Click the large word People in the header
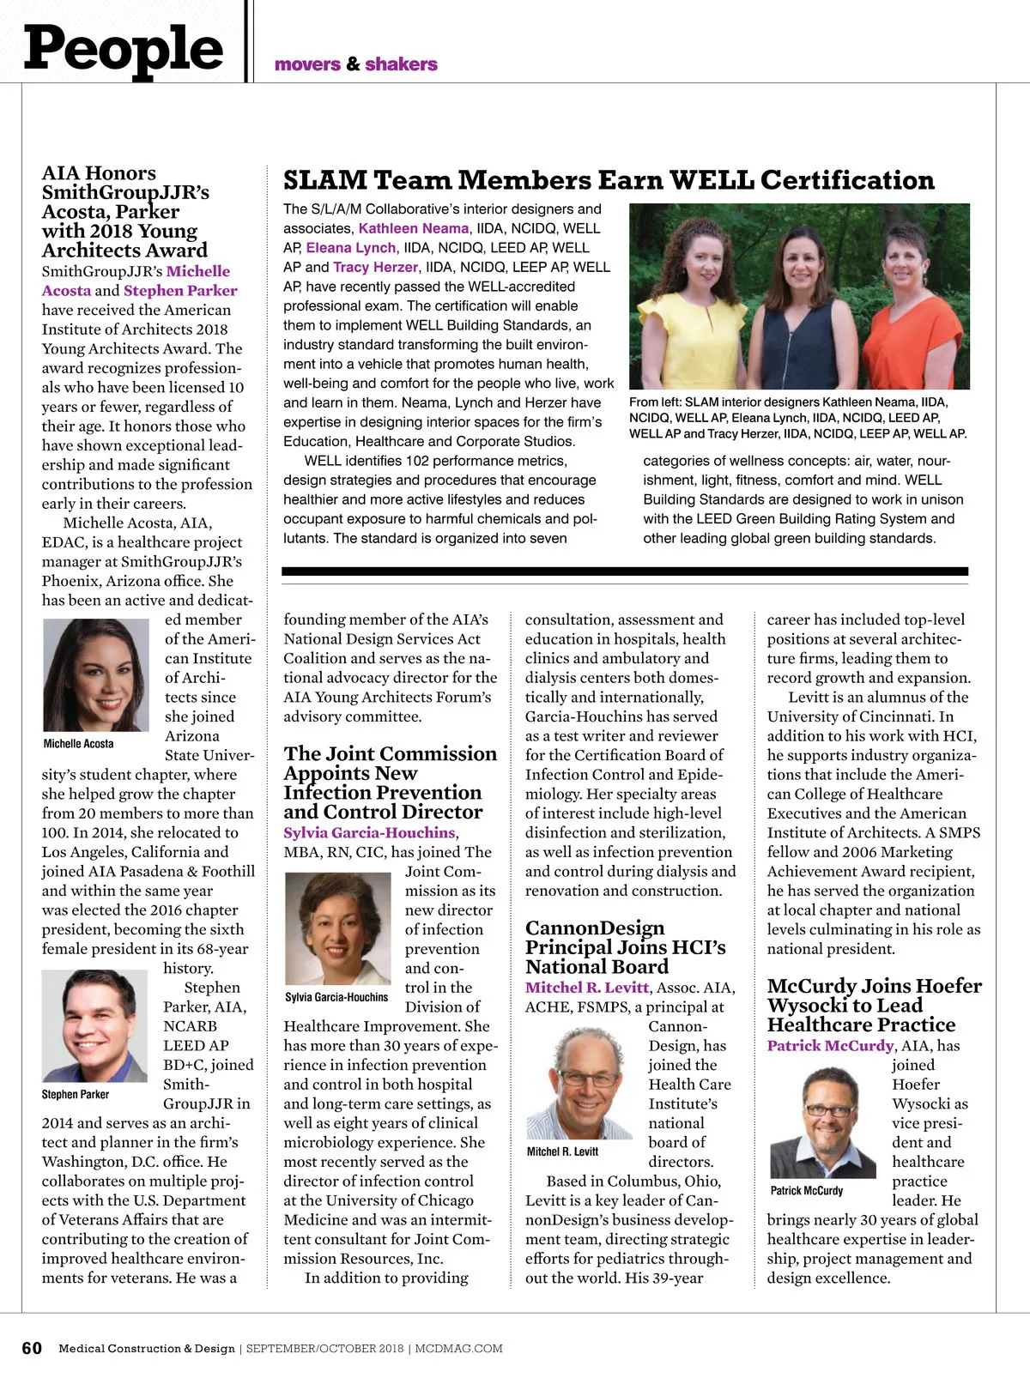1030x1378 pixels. [x=124, y=48]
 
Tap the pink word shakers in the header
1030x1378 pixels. [x=401, y=64]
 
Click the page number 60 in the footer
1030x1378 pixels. [x=32, y=1348]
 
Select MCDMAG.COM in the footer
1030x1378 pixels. [x=458, y=1349]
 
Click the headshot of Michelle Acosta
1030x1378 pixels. [x=96, y=674]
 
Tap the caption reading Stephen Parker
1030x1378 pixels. [x=76, y=1094]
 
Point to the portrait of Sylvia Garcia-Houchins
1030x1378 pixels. [x=337, y=928]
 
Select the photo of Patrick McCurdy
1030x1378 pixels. [x=823, y=1121]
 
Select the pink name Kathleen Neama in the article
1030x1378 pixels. [x=414, y=228]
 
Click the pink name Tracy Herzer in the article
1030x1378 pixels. [x=375, y=267]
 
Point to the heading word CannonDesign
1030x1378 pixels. [x=595, y=928]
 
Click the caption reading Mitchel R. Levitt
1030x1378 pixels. [x=562, y=1151]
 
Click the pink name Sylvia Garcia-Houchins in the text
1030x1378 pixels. [x=369, y=832]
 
